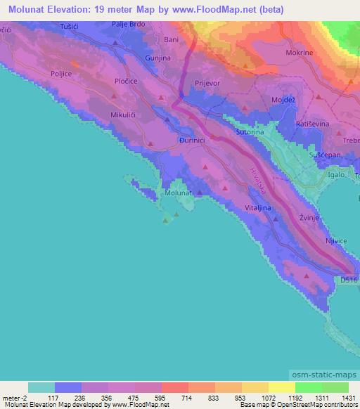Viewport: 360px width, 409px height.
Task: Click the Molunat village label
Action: pyautogui.click(x=178, y=192)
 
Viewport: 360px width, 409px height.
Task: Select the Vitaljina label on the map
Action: pyautogui.click(x=259, y=208)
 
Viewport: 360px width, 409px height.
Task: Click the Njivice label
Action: pyautogui.click(x=336, y=241)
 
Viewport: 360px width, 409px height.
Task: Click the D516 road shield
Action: pyautogui.click(x=349, y=280)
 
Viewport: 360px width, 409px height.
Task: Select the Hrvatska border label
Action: pyautogui.click(x=259, y=183)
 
